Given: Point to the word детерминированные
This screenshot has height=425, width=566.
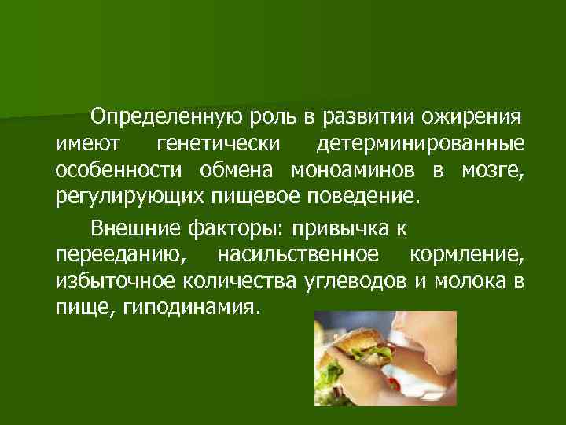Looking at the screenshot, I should click(421, 144).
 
